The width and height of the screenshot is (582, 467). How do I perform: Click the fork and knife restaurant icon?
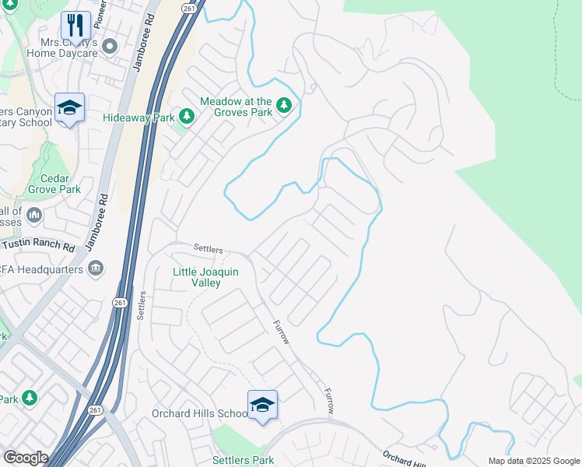pyautogui.click(x=75, y=24)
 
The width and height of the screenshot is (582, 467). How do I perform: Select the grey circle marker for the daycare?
pyautogui.click(x=110, y=47)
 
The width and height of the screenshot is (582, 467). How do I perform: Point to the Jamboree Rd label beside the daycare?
pyautogui.click(x=142, y=47)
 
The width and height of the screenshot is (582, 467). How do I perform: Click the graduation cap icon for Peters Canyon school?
pyautogui.click(x=69, y=108)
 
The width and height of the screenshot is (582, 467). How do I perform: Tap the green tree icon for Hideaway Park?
pyautogui.click(x=186, y=117)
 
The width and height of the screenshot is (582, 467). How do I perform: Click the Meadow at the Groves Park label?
pyautogui.click(x=236, y=107)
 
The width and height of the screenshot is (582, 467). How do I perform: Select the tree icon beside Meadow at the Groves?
pyautogui.click(x=285, y=104)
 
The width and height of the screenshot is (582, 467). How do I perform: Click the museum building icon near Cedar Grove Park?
pyautogui.click(x=33, y=214)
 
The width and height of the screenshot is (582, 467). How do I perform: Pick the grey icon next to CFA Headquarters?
pyautogui.click(x=96, y=269)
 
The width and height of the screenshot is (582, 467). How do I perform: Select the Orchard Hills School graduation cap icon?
pyautogui.click(x=262, y=405)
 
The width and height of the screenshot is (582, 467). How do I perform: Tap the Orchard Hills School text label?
pyautogui.click(x=198, y=413)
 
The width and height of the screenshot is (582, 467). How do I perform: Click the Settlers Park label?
pyautogui.click(x=243, y=460)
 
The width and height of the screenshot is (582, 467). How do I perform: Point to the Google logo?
pyautogui.click(x=26, y=457)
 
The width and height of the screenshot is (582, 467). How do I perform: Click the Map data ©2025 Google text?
pyautogui.click(x=534, y=461)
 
